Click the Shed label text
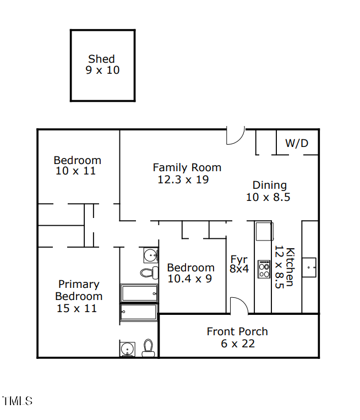(102, 59)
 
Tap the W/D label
(297, 144)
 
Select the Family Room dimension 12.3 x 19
(183, 179)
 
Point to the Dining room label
(269, 185)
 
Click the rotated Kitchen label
(286, 266)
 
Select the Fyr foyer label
(239, 259)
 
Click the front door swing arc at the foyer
(238, 304)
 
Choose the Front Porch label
(237, 331)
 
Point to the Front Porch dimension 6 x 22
(237, 344)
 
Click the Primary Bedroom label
(79, 290)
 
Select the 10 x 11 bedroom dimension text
(76, 171)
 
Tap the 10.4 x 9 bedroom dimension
(190, 279)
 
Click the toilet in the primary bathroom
(148, 347)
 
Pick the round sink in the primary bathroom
(128, 349)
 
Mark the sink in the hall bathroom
(150, 255)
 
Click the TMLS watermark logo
(17, 401)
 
